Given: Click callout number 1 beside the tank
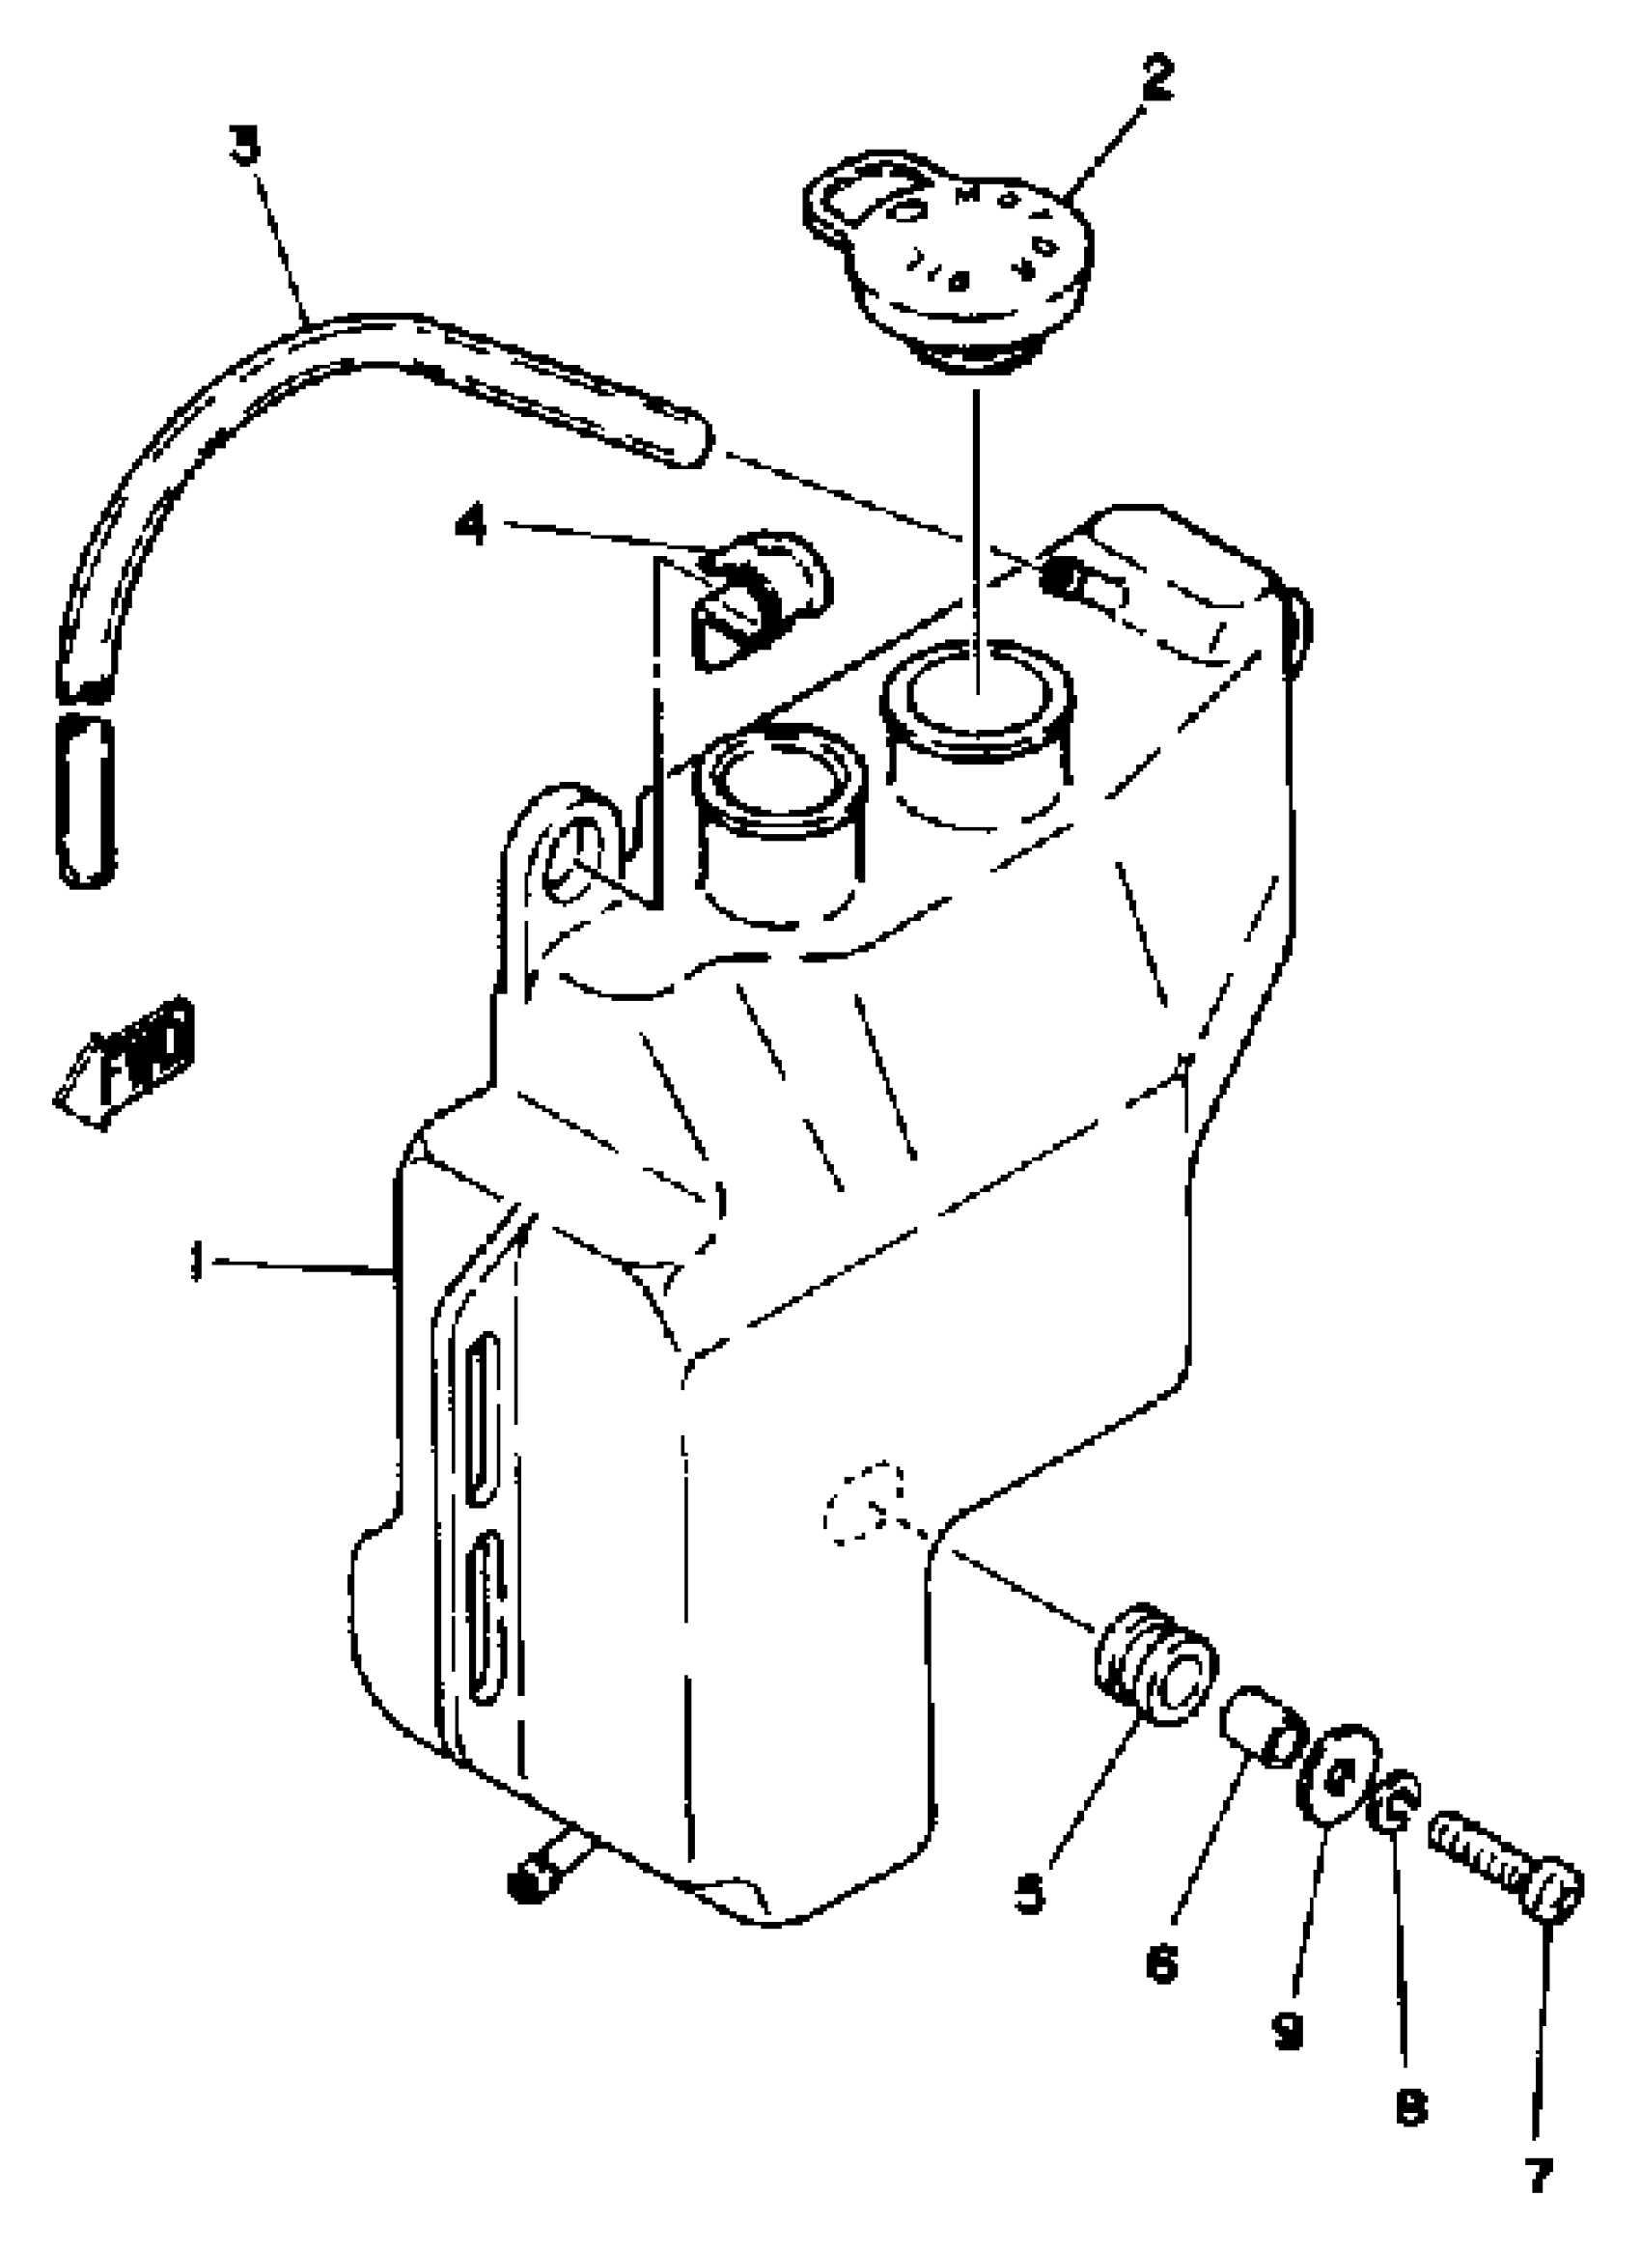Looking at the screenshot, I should tap(197, 1264).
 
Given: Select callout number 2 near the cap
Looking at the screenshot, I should tap(1155, 77).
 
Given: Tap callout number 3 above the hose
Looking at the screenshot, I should tap(244, 144).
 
